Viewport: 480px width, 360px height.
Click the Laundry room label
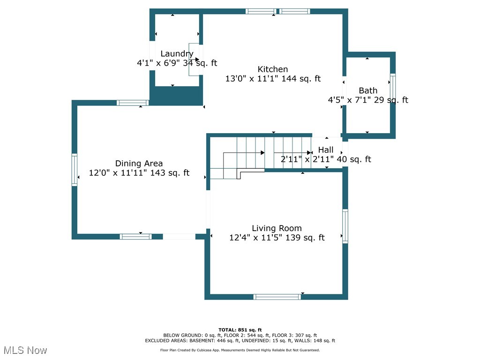coord(177,54)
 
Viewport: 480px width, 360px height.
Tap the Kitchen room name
coord(273,69)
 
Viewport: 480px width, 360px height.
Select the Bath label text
coord(368,90)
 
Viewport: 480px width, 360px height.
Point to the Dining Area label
coord(139,164)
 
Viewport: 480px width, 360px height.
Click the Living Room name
coord(277,228)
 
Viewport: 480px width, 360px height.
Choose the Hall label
coord(326,150)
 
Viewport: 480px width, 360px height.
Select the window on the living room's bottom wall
coord(277,297)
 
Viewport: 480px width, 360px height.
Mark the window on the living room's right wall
coord(345,226)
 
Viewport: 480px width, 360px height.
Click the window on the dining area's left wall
coord(74,170)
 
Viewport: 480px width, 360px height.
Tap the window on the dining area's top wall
coord(133,103)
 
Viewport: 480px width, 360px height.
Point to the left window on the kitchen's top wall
coord(261,11)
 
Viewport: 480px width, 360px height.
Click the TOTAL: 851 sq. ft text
coord(240,330)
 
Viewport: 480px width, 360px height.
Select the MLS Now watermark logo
coord(25,350)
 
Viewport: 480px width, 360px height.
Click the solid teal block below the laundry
coord(176,96)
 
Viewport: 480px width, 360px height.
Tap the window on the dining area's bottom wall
coord(135,237)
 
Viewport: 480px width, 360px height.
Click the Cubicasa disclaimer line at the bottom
coord(240,350)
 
